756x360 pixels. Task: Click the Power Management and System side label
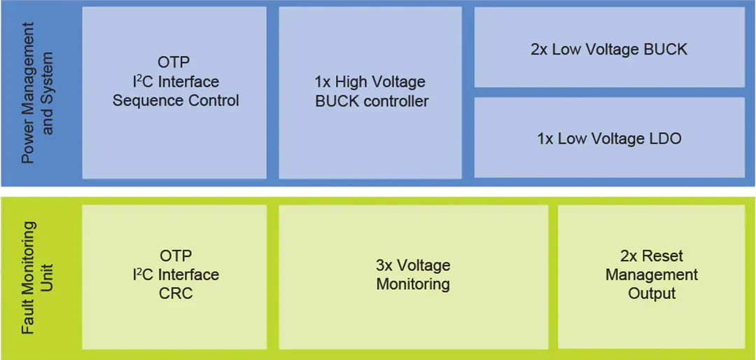click(x=38, y=93)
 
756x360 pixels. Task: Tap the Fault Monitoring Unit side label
click(x=38, y=277)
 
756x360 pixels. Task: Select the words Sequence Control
click(x=176, y=100)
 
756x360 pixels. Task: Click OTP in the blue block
click(x=175, y=63)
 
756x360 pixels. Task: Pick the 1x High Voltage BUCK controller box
click(x=370, y=92)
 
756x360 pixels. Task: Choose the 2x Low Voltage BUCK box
click(x=609, y=49)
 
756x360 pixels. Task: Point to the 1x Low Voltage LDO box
click(x=609, y=138)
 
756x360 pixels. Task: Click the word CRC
click(x=175, y=293)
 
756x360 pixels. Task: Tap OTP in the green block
click(x=175, y=256)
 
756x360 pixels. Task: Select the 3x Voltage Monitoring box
click(x=412, y=275)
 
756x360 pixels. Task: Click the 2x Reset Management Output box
click(x=651, y=275)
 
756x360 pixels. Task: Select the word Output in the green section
click(x=652, y=293)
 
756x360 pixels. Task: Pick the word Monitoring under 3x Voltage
click(x=412, y=284)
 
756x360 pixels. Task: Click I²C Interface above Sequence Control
click(x=175, y=82)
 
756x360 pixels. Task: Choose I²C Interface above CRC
click(x=175, y=275)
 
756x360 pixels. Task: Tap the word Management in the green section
click(x=652, y=275)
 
